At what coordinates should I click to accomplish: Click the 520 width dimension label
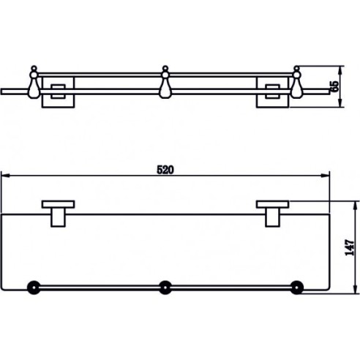(165, 170)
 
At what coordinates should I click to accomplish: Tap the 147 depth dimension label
(350, 247)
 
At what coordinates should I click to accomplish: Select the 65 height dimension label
(335, 86)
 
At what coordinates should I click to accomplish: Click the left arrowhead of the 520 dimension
(5, 176)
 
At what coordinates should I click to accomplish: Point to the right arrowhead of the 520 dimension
(326, 176)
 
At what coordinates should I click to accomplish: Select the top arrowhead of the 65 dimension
(341, 70)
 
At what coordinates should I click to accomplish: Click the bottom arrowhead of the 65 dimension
(341, 102)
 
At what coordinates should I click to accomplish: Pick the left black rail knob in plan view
(34, 288)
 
